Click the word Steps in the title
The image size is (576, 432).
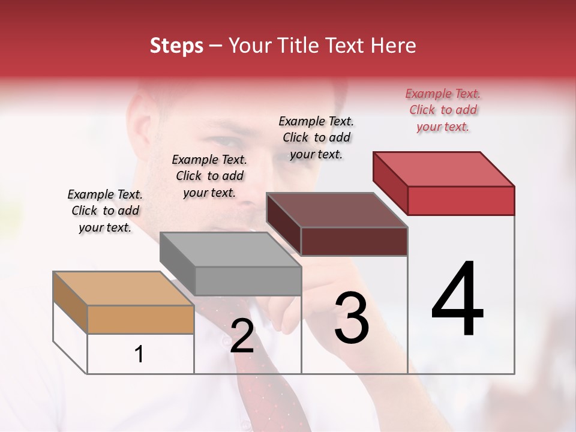[176, 46]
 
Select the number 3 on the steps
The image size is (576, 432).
[352, 318]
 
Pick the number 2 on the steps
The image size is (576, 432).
[242, 336]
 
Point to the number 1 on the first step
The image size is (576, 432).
[139, 354]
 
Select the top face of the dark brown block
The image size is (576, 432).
[336, 210]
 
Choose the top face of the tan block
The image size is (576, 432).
[123, 289]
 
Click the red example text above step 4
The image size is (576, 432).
[443, 110]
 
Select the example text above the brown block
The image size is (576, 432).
[316, 137]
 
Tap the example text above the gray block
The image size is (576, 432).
[209, 176]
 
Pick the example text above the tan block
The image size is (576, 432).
[105, 211]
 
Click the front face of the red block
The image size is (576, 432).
[461, 200]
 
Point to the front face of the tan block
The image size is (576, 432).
[140, 319]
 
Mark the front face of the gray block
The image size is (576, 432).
[248, 281]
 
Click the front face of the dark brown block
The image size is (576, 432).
[354, 241]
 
